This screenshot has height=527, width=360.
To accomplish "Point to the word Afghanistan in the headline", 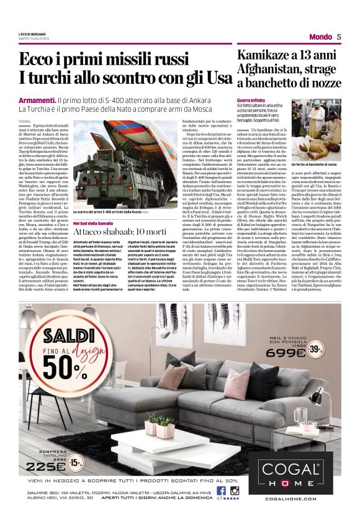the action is (x=272, y=69).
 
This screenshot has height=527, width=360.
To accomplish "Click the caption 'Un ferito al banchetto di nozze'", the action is (x=316, y=164).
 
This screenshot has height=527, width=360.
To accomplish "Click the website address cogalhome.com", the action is (x=290, y=498).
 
